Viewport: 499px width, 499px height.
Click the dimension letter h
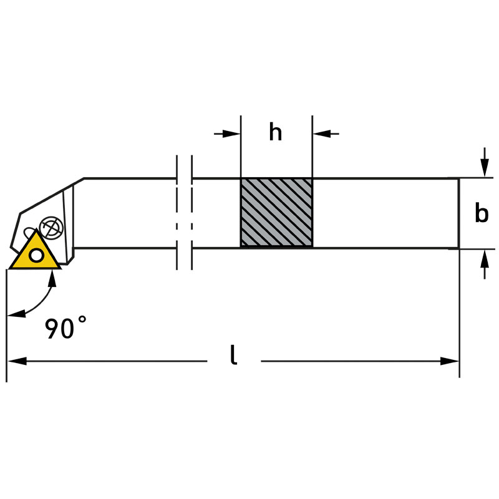[x=275, y=132]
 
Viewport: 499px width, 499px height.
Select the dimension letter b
[x=482, y=213]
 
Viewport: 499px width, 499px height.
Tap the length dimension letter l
[x=233, y=354]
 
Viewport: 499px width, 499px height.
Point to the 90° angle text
[x=65, y=327]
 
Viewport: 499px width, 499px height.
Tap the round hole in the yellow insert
[x=36, y=255]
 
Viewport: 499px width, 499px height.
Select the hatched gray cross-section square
[x=276, y=213]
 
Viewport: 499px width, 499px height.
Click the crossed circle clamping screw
[x=51, y=228]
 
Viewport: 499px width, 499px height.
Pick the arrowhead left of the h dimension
[x=231, y=133]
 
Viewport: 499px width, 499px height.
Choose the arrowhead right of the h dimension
[x=322, y=133]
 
